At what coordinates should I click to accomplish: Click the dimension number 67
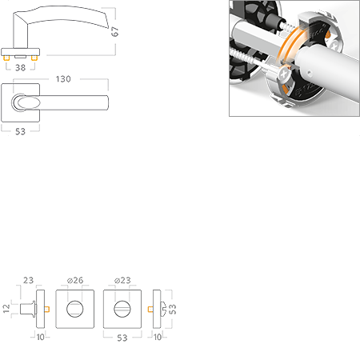[x=115, y=31]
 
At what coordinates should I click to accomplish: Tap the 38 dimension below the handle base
[x=21, y=68]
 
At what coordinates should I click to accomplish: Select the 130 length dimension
[x=63, y=79]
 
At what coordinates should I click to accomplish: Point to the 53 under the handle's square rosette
[x=20, y=131]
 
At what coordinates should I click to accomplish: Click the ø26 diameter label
[x=75, y=280]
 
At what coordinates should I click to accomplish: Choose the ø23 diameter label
[x=122, y=280]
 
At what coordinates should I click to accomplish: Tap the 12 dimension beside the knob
[x=6, y=309]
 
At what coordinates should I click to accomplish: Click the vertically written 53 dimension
[x=173, y=309]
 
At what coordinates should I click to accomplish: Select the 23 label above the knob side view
[x=28, y=280]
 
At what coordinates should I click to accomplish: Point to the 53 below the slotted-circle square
[x=122, y=338]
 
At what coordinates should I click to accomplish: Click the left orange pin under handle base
[x=7, y=58]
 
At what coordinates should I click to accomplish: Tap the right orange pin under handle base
[x=34, y=58]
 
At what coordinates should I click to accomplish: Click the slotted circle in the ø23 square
[x=122, y=309]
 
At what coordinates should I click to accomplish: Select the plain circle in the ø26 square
[x=75, y=309]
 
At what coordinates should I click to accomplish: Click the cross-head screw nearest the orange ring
[x=284, y=74]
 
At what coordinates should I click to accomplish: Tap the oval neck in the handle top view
[x=26, y=102]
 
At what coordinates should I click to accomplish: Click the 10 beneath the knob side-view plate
[x=41, y=337]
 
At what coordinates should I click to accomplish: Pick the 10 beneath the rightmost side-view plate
[x=158, y=337]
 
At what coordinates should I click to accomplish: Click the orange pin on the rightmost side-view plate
[x=150, y=309]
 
